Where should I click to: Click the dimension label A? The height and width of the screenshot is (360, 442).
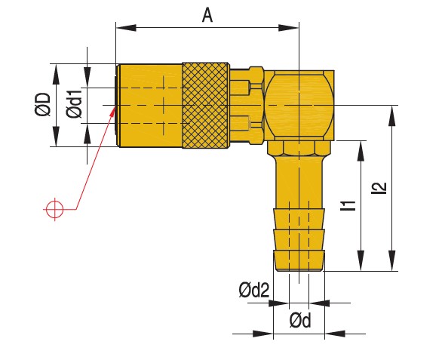[207, 15]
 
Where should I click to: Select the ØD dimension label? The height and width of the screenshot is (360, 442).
[42, 105]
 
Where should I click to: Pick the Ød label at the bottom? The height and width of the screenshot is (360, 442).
[300, 321]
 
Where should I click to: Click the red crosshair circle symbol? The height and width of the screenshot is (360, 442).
[54, 208]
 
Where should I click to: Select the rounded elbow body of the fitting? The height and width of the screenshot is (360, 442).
[299, 104]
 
